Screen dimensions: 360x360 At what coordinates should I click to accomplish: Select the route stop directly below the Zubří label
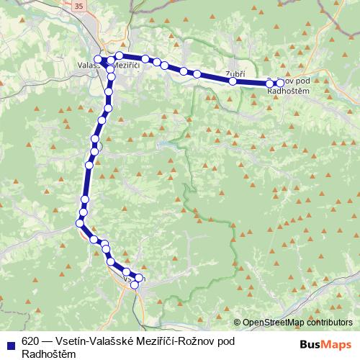tap(233, 81)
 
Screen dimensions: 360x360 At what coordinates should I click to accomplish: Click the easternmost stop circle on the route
tap(280, 84)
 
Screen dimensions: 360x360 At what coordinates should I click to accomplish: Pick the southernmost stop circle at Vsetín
tap(135, 285)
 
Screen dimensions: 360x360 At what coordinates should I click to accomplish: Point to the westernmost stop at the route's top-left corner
tap(98, 59)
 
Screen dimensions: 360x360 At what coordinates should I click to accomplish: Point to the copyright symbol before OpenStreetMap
tap(237, 323)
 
